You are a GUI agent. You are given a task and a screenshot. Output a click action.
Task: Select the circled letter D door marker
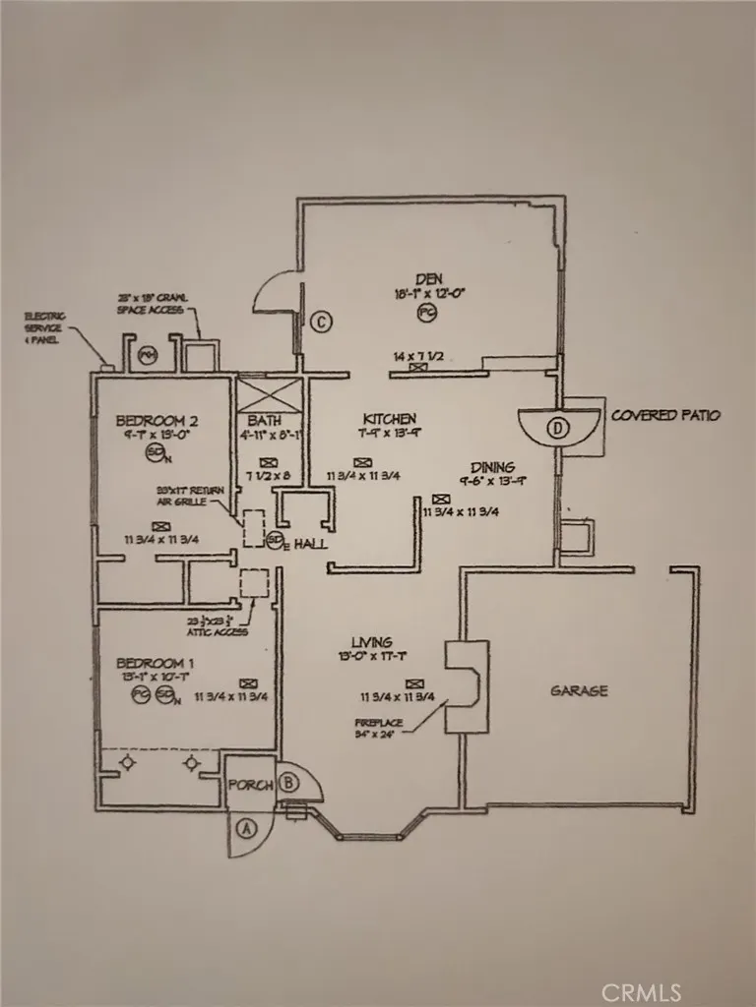pyautogui.click(x=558, y=427)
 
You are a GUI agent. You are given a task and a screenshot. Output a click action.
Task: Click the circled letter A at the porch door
pyautogui.click(x=245, y=828)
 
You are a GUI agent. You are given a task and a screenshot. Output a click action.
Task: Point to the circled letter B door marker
pyautogui.click(x=288, y=783)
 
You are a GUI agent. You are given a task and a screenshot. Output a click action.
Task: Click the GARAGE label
pyautogui.click(x=578, y=690)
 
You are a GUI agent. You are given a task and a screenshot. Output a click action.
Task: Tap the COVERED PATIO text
pyautogui.click(x=665, y=415)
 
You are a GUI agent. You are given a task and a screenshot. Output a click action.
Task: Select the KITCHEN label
pyautogui.click(x=389, y=418)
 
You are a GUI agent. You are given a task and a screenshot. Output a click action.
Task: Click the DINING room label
pyautogui.click(x=492, y=467)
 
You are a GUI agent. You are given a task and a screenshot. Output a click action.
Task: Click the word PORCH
pyautogui.click(x=250, y=786)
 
